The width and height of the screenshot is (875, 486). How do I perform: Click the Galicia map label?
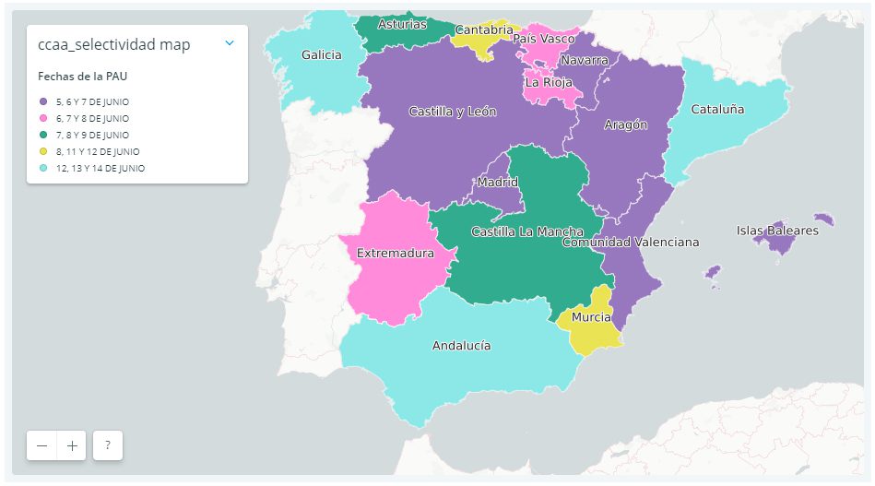(321, 54)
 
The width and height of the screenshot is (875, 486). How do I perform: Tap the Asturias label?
(403, 24)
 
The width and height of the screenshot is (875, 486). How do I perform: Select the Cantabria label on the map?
(483, 30)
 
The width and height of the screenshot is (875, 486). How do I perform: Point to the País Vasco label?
(544, 39)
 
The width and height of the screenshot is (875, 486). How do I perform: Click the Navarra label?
(584, 60)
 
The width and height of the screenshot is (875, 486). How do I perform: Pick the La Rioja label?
(548, 81)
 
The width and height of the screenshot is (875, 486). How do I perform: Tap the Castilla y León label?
(452, 112)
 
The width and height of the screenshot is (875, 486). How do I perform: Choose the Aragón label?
(625, 124)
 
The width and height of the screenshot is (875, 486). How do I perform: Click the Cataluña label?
(717, 109)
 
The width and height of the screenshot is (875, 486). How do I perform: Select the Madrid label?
(497, 182)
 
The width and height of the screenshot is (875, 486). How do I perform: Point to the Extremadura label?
(395, 253)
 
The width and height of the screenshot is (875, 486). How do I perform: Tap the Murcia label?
(591, 317)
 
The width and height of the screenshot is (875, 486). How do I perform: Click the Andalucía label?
(461, 346)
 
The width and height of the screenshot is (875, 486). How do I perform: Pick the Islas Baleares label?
(777, 231)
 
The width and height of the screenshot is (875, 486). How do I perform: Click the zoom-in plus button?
(72, 445)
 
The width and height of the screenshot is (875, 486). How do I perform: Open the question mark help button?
(108, 445)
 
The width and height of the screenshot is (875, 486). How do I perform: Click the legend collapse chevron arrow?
(230, 42)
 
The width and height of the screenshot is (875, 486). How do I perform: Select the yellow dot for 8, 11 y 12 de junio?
(43, 151)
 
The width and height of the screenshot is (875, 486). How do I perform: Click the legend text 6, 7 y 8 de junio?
(92, 119)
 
